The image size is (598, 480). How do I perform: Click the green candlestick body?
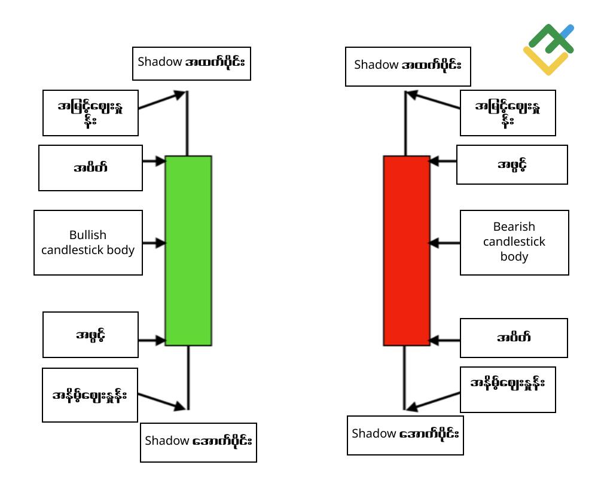[x=188, y=250]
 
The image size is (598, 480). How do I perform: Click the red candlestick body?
[x=407, y=250]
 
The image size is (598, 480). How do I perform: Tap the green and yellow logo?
[x=548, y=49]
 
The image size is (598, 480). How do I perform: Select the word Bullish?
[x=88, y=235]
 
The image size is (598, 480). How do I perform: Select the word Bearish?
[x=514, y=227]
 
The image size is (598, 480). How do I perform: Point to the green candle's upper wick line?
[x=187, y=123]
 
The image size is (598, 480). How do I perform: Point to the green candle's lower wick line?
[x=188, y=378]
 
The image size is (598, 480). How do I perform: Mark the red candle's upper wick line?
[x=405, y=123]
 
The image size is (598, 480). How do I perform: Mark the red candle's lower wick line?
[x=404, y=378]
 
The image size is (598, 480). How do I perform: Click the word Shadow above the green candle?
[x=160, y=62]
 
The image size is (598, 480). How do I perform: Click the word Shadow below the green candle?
[x=167, y=441]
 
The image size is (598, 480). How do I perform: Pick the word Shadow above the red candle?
[x=376, y=65]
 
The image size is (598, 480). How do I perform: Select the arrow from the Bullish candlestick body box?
[x=154, y=243]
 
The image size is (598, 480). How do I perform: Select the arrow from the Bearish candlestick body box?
[x=444, y=243]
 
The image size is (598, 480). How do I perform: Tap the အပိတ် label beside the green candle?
[x=90, y=167]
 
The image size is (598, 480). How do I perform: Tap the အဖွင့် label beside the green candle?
[x=90, y=335]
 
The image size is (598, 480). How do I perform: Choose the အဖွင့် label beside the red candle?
[x=512, y=165]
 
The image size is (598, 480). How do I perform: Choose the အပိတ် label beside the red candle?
[x=514, y=337]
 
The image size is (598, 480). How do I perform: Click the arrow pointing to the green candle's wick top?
[x=161, y=100]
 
